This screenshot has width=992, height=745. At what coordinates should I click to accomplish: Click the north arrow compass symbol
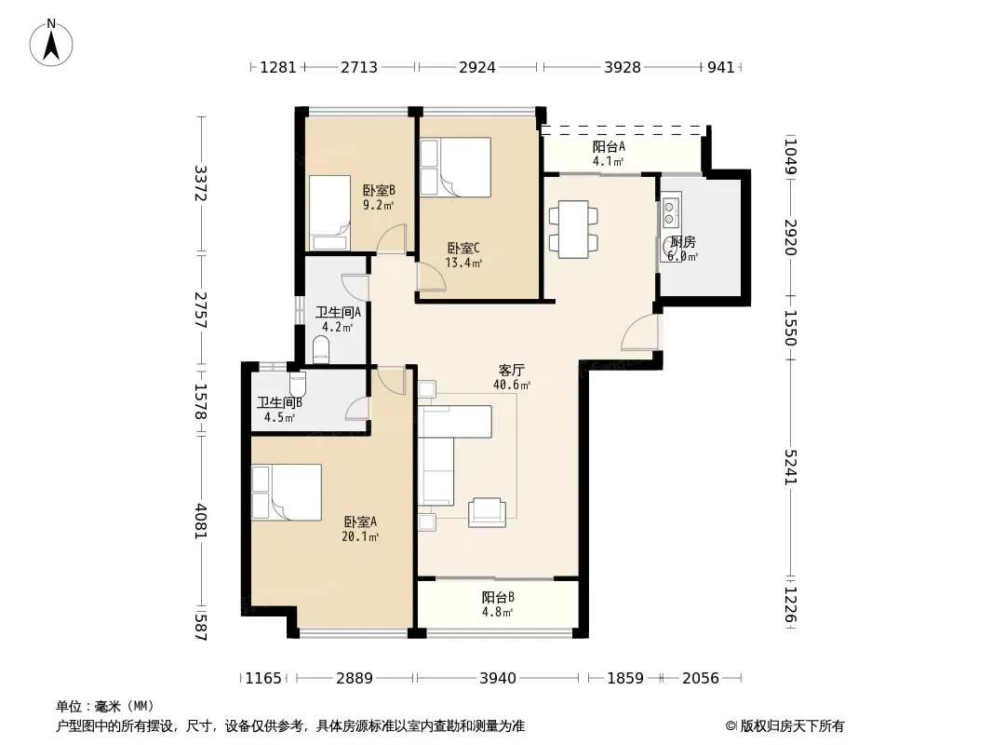pos(51,43)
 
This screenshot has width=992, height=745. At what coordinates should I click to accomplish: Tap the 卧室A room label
pos(361,521)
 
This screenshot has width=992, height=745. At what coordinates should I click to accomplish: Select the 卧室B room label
pos(379,190)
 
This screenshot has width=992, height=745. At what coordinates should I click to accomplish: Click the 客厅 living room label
pos(511,370)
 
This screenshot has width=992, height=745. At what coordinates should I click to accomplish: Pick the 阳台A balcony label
pos(609,147)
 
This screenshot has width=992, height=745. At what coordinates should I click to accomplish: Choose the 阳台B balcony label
pos(498,597)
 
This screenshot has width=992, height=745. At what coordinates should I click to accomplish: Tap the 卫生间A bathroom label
pos(338,312)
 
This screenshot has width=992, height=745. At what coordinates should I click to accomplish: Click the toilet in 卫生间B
pos(298,383)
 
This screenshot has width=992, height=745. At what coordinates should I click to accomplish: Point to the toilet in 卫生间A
pos(321,350)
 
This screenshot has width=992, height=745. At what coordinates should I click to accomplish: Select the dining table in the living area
pos(574,229)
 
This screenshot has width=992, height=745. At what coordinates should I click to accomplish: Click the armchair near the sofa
pos(487,513)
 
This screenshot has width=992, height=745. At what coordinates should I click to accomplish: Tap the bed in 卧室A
pos(287,493)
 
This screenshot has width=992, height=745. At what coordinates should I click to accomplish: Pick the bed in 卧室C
pos(455,167)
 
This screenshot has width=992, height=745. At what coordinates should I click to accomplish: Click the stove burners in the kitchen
pos(671,212)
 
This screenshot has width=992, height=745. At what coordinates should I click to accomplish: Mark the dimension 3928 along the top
pos(623,67)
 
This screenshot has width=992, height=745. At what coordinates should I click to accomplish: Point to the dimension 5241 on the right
pos(791,467)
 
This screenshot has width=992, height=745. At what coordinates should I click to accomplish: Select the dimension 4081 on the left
pos(201,521)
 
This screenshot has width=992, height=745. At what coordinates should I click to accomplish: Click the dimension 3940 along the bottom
pos(498,679)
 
